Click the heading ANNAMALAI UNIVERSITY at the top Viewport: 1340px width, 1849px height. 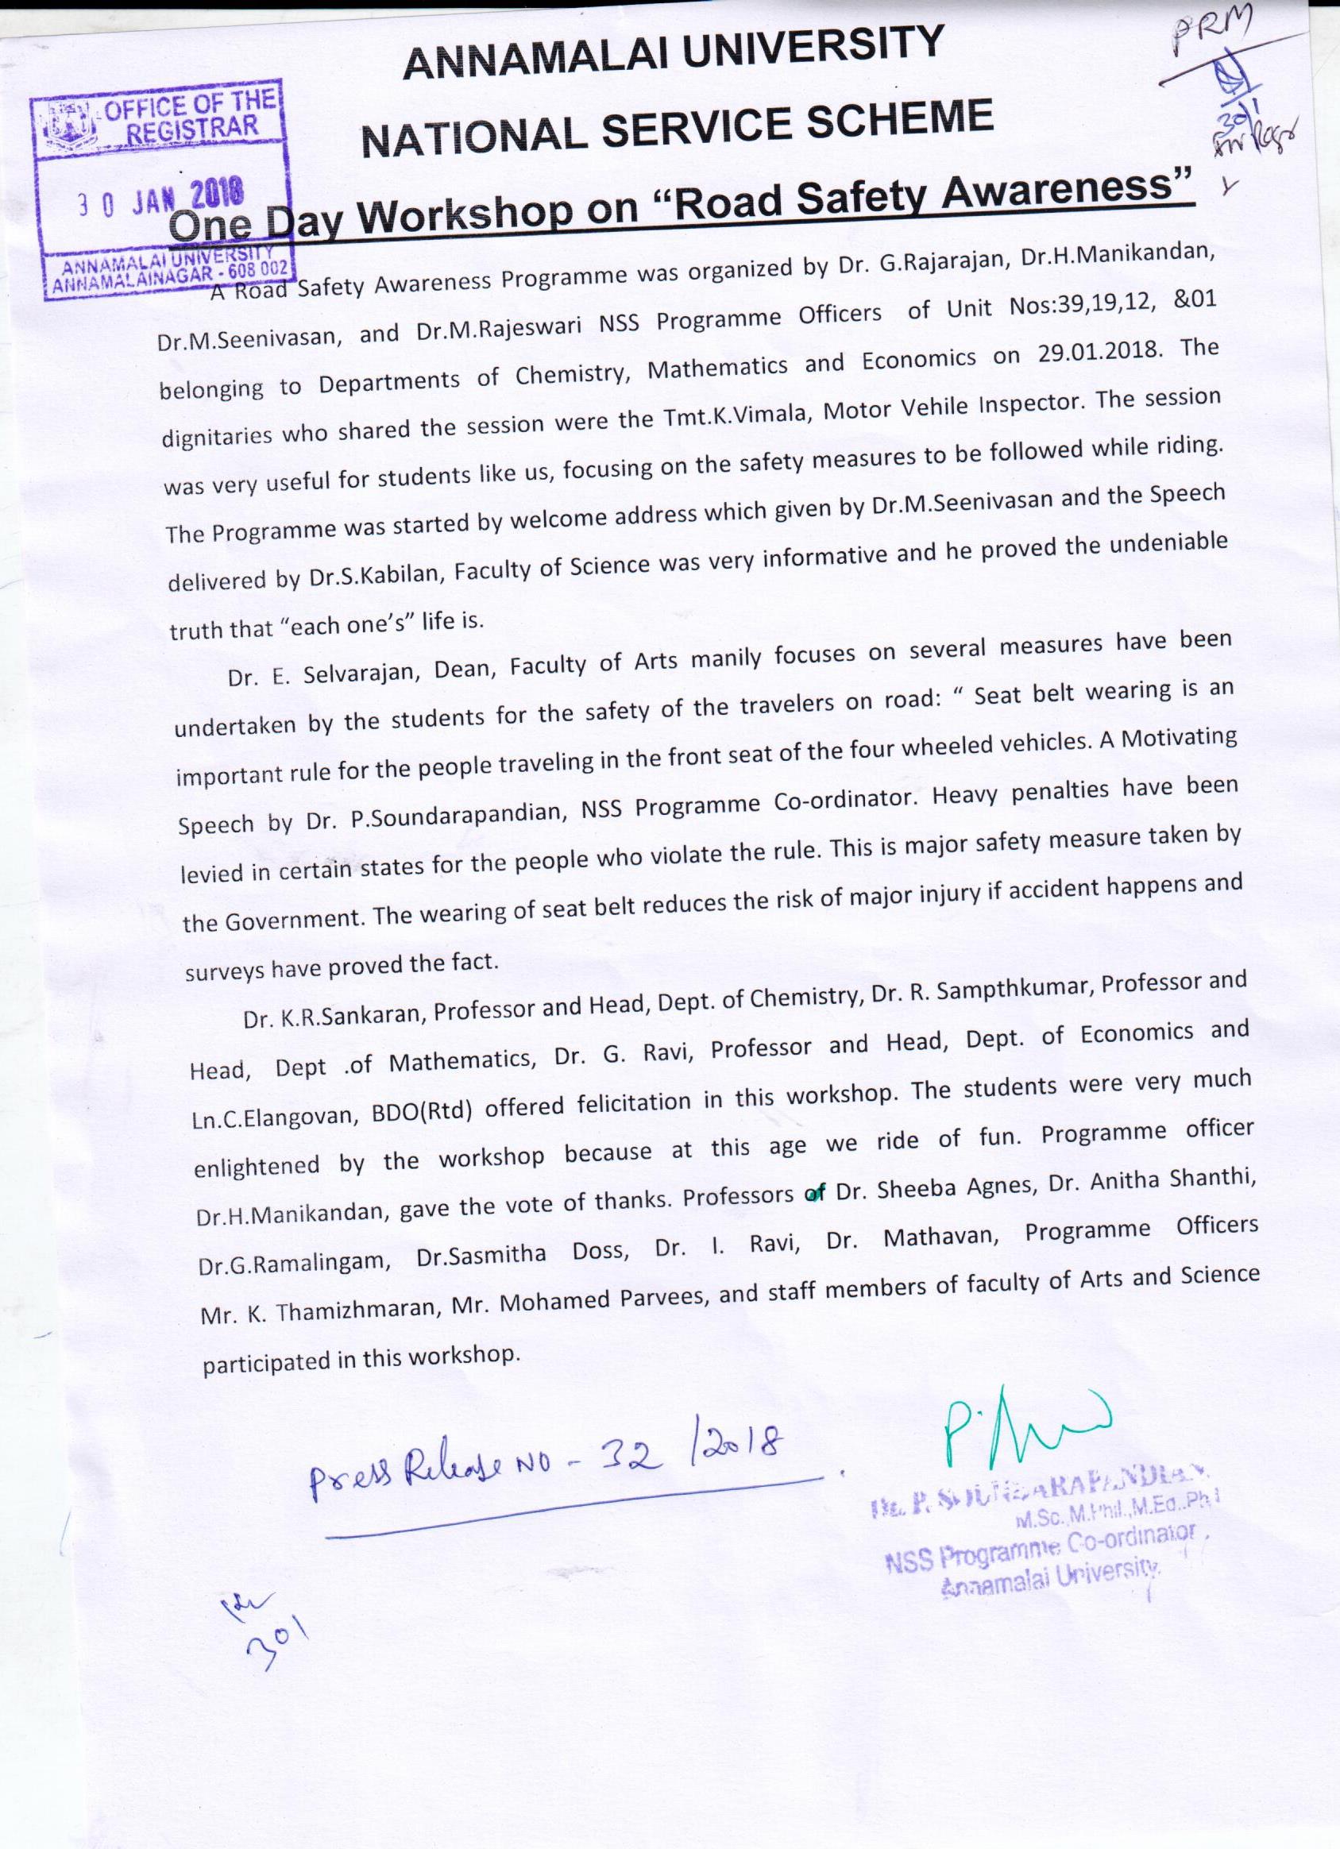tap(674, 54)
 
